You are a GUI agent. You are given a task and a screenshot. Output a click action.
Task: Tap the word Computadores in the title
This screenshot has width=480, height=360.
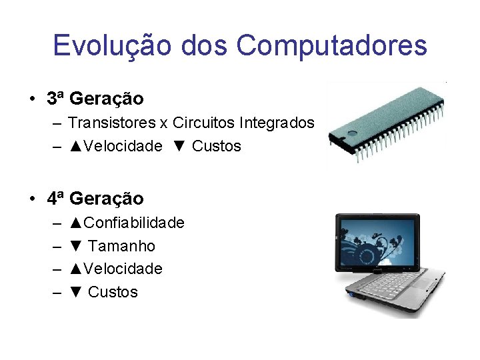click(x=331, y=46)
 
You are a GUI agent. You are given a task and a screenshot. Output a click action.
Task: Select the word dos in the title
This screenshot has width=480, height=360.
click(x=211, y=46)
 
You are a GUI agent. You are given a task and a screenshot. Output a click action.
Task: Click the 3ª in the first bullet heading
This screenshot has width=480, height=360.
click(x=56, y=99)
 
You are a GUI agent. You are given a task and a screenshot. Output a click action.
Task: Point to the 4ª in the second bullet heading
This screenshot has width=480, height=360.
click(x=56, y=199)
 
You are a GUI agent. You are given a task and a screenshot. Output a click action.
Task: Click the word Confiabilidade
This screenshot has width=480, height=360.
click(x=133, y=223)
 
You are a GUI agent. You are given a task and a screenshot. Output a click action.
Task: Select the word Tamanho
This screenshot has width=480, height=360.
click(x=121, y=246)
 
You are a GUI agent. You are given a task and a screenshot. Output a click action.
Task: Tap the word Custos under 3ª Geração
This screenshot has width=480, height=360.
click(x=216, y=147)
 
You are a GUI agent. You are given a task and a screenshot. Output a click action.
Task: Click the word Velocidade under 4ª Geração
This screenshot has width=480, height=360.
click(x=123, y=269)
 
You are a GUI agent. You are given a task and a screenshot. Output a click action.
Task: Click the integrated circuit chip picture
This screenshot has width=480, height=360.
click(x=387, y=120)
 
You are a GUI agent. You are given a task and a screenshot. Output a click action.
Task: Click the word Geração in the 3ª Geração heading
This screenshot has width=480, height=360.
click(x=106, y=99)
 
